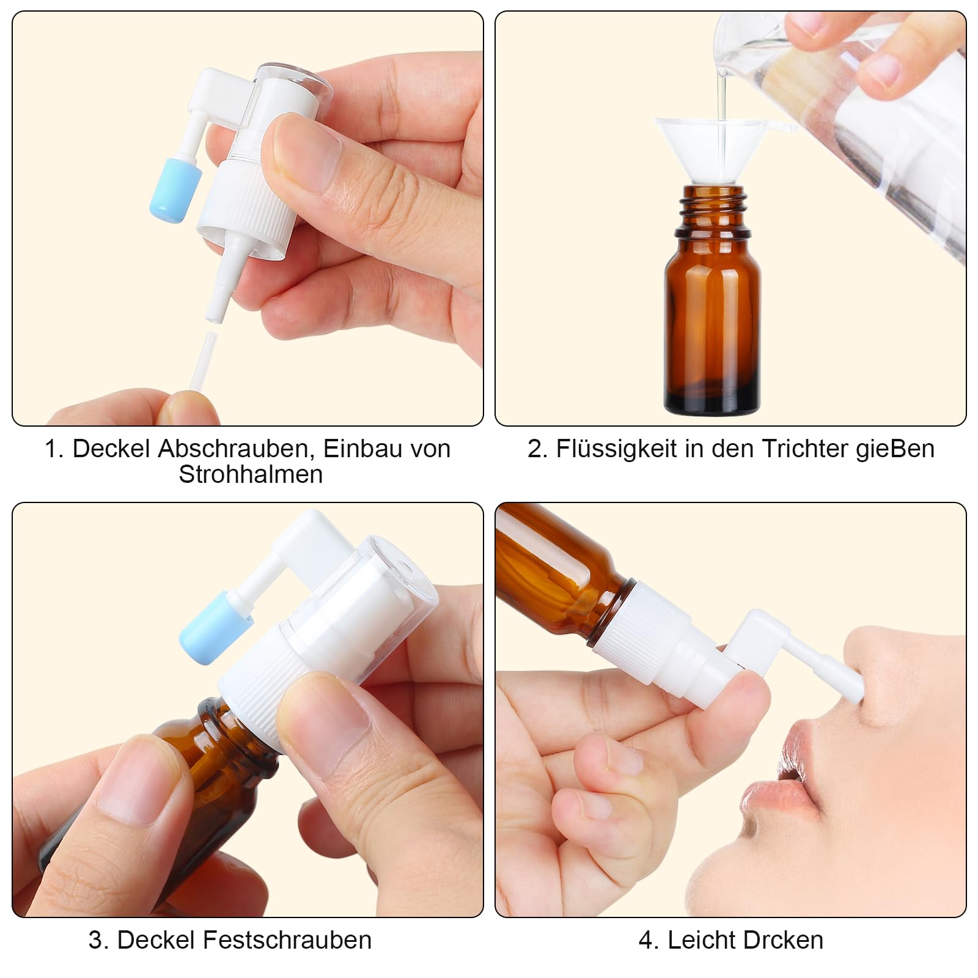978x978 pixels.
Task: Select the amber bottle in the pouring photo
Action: click(712, 318)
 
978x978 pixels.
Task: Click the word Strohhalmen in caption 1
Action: click(251, 475)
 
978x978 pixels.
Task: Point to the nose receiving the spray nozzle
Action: click(886, 678)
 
